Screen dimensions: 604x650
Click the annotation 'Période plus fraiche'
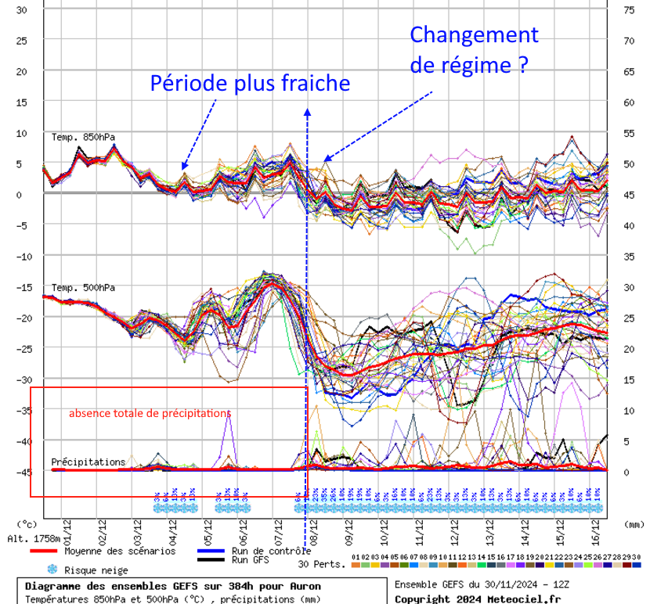pos(250,84)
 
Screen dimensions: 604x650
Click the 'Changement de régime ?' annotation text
pos(474,49)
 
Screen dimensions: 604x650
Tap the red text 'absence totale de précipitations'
pos(150,412)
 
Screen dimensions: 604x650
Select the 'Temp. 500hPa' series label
pos(83,287)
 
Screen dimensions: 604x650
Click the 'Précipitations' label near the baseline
pos(88,462)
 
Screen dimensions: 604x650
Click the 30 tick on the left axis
pos(21,9)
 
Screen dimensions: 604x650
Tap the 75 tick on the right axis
pos(628,9)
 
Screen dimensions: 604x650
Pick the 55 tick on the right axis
pos(628,133)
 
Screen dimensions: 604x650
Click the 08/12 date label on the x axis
pos(314,536)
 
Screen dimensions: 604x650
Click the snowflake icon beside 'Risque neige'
pos(53,570)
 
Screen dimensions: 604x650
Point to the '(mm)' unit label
pos(634,523)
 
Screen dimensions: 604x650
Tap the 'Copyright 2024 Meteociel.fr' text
pos(478,599)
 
